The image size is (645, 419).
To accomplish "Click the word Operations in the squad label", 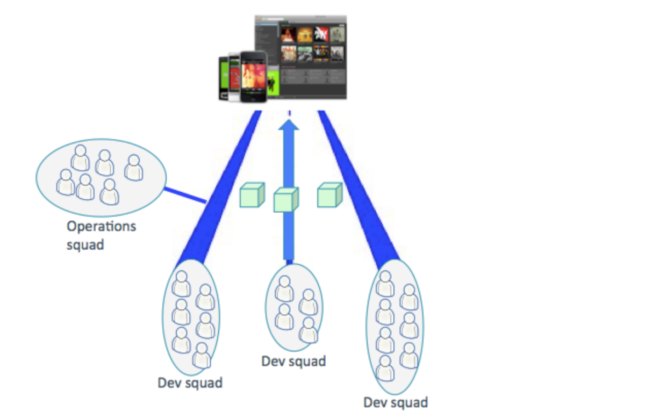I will tap(101, 227).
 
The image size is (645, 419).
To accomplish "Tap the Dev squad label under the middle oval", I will tap(293, 362).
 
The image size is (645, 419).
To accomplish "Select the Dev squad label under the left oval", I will tap(190, 383).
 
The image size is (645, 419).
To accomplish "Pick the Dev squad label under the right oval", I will tap(396, 402).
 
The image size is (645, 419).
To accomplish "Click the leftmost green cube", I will tap(252, 195).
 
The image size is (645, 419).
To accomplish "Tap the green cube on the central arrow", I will tap(285, 200).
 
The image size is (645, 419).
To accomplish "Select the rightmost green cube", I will tap(329, 195).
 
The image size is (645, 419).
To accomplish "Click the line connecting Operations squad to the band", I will tap(185, 195).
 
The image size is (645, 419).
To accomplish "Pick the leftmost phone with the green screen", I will tap(224, 78).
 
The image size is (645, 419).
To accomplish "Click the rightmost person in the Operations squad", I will tap(133, 168).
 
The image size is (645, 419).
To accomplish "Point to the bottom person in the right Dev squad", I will tap(385, 368).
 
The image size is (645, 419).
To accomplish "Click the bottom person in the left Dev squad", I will tap(202, 356).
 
